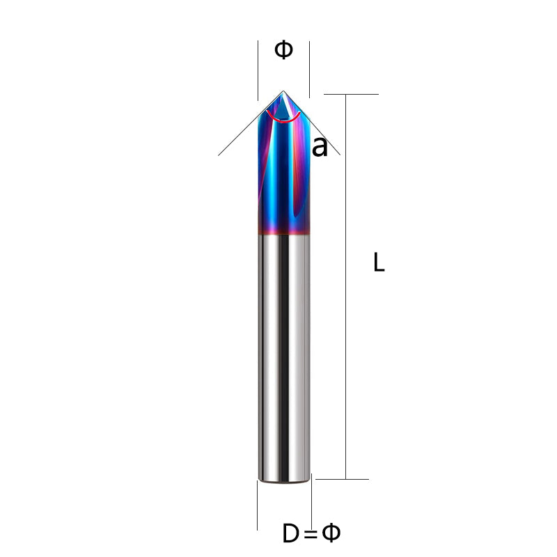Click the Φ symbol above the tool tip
(x=283, y=50)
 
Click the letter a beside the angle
(x=319, y=147)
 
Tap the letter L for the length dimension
(x=379, y=262)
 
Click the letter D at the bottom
(x=291, y=534)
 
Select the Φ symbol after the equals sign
(x=331, y=533)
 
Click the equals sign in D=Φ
(x=311, y=535)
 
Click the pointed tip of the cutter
(x=283, y=92)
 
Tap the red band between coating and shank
(x=283, y=231)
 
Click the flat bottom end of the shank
(x=283, y=480)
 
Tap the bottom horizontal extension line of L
(x=345, y=479)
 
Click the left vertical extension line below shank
(x=258, y=505)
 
